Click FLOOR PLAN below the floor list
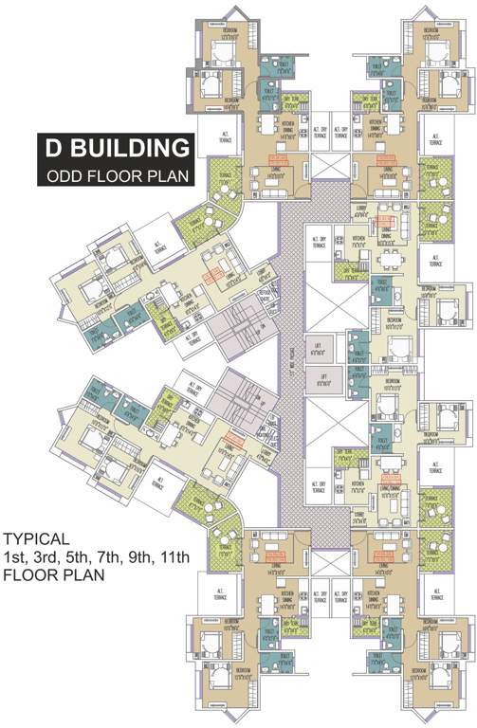click(x=52, y=574)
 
